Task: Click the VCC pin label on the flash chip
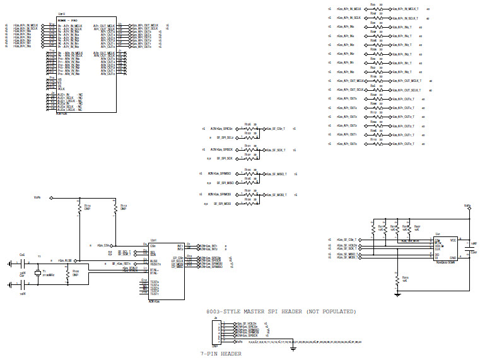453,240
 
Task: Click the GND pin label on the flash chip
452,258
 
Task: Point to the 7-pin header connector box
216,332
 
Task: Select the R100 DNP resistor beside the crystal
67,274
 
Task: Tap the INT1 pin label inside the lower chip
180,245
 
